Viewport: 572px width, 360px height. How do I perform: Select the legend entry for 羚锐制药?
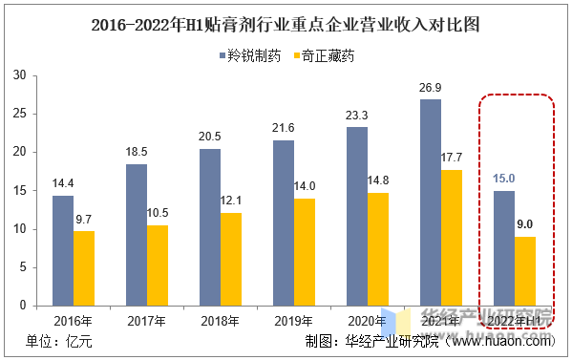[x=245, y=56]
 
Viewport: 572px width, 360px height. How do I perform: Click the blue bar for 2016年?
[x=62, y=250]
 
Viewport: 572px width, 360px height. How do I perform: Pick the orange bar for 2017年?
[x=158, y=265]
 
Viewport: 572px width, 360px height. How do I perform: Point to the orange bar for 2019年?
[x=306, y=252]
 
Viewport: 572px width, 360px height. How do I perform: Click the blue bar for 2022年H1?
[x=503, y=248]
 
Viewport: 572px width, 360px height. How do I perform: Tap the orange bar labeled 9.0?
[x=525, y=271]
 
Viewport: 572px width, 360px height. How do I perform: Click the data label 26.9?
[x=430, y=88]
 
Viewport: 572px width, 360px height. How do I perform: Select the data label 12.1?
[x=232, y=201]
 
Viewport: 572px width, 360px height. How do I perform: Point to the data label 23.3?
[x=356, y=116]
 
